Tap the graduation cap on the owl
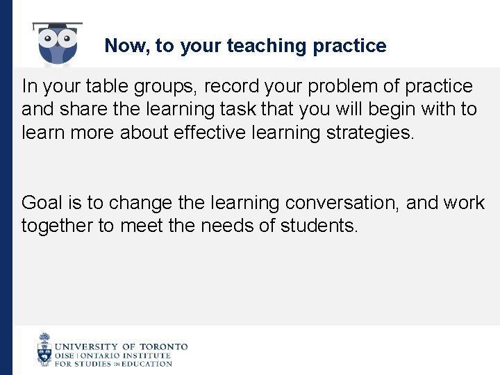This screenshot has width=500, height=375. (58, 26)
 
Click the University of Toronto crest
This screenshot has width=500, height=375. (44, 349)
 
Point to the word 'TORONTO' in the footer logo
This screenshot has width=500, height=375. (163, 346)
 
